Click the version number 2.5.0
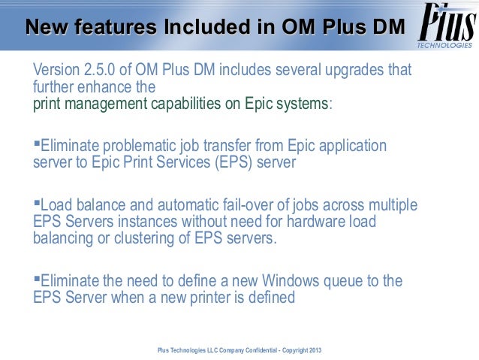click(101, 71)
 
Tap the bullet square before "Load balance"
click(37, 202)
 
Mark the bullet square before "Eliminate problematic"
click(37, 142)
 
